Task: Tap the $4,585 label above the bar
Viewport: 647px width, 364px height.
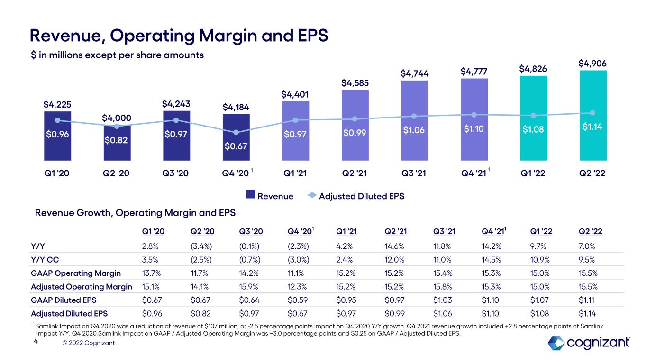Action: [x=355, y=83]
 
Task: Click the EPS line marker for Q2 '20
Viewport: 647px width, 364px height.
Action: [x=117, y=126]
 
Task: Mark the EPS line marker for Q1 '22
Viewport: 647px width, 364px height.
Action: [x=533, y=115]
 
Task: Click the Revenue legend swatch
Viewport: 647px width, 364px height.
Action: [x=251, y=196]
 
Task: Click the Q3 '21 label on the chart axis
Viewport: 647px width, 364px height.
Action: [x=414, y=173]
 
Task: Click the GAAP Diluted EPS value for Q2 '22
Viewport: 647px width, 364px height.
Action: [x=587, y=300]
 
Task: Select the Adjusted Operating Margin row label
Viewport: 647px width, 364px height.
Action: [x=81, y=287]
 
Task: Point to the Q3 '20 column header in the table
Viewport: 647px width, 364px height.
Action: [x=251, y=232]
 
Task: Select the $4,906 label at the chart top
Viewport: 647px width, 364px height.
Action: [x=592, y=63]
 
